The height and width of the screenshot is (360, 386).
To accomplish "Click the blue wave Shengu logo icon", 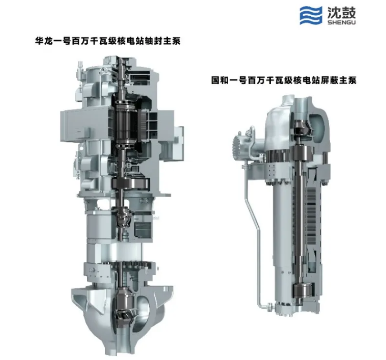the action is click(x=311, y=15).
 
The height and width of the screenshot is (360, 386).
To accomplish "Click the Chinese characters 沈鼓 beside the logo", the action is click(x=341, y=12).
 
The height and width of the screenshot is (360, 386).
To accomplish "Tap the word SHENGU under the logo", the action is click(x=341, y=22).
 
